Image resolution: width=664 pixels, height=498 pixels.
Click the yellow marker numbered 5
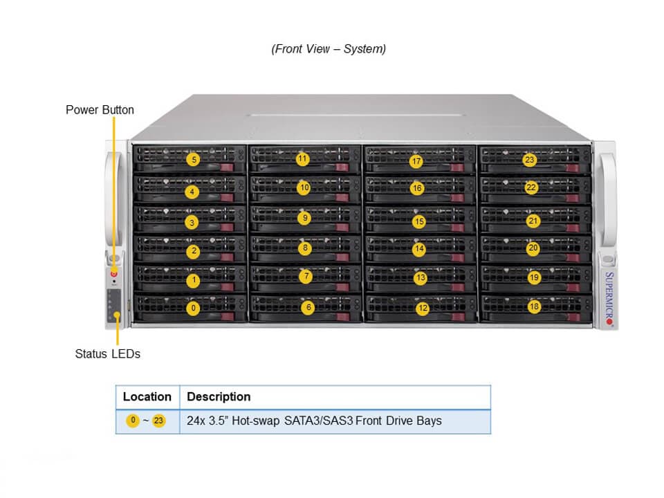pos(194,160)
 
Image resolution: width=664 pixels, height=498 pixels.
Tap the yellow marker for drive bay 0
pos(194,308)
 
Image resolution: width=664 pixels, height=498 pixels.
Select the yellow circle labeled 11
pos(302,159)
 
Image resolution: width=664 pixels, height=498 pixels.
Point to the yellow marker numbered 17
pos(416,162)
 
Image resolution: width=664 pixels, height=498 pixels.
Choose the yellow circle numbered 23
pos(529,160)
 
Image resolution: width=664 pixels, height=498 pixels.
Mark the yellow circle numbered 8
pos(305,248)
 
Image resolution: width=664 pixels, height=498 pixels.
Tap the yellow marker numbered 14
pos(419,248)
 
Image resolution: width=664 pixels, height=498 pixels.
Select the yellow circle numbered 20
pos(533,248)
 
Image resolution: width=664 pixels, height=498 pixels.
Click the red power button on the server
pos(113,273)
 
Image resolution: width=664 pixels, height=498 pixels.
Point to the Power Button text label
pos(100,110)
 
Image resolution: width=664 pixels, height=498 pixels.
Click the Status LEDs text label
pos(107,353)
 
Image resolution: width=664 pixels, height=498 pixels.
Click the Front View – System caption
pos(329,48)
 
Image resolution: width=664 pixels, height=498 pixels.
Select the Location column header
pos(147,397)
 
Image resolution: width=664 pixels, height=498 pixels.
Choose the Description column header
pos(219,397)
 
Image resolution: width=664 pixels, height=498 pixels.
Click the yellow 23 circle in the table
pos(159,421)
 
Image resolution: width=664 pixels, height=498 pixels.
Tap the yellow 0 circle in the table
pos(132,421)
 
